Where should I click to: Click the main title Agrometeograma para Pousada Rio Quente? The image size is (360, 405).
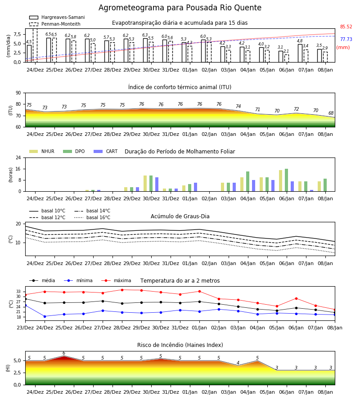tap(180, 8)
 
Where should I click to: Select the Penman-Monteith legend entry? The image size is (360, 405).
tap(55, 24)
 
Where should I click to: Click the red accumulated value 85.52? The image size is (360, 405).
tap(346, 27)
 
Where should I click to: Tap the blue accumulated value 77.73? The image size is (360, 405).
tap(346, 39)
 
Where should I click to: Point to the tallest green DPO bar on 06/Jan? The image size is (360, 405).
tap(286, 180)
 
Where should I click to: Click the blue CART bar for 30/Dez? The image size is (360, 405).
tap(157, 184)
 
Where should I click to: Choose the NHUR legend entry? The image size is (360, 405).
tap(42, 151)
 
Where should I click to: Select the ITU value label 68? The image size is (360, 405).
tap(331, 113)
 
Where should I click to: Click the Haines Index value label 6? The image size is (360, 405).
tap(64, 353)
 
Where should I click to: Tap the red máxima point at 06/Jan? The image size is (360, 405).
tap(296, 299)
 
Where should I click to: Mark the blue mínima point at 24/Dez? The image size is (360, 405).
tap(45, 316)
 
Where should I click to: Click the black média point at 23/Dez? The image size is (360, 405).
tap(26, 299)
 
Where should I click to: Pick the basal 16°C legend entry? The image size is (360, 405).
tap(92, 217)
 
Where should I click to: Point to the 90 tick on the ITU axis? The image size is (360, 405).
tap(18, 93)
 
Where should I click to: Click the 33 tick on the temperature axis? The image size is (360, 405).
tap(18, 292)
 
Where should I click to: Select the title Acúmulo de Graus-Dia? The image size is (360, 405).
tap(180, 216)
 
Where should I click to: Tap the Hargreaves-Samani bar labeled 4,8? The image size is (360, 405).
tap(300, 53)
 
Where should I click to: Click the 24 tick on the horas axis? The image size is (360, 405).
tap(18, 158)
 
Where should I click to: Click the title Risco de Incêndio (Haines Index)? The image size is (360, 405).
tap(180, 345)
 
